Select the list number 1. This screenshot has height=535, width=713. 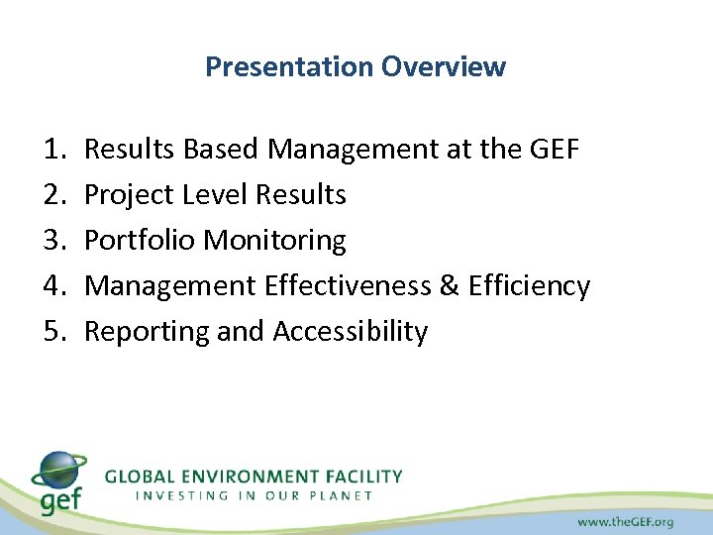coord(54,150)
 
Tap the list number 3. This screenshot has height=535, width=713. coord(54,241)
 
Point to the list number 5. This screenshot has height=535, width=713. coord(54,332)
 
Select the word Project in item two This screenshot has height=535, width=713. coord(125,195)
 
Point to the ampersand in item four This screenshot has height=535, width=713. coord(449,286)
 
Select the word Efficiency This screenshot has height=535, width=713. coord(529,286)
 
